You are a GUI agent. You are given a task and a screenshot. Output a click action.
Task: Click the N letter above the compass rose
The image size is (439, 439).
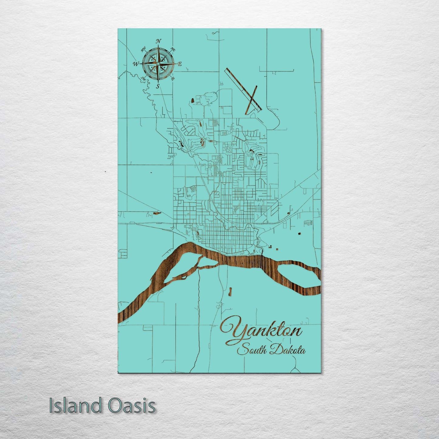158,41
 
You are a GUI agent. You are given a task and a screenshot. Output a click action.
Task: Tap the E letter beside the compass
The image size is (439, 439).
180,64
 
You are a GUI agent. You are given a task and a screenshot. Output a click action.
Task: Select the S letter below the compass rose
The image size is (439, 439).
158,86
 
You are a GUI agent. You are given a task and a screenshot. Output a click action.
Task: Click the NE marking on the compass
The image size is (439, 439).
173,49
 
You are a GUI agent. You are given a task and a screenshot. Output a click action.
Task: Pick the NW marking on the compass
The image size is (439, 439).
143,49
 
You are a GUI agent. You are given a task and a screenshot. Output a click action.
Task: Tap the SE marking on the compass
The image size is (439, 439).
173,79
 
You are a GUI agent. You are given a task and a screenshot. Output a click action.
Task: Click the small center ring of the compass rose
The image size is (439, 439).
158,63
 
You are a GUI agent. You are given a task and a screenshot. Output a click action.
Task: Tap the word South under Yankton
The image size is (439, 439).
252,350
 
